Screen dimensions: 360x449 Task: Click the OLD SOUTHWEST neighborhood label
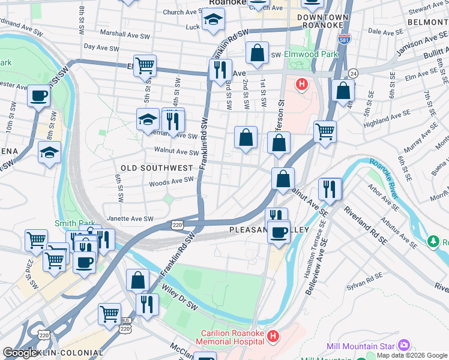point(157,168)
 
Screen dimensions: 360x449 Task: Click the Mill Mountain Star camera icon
point(403,346)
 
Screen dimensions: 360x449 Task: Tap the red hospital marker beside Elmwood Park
point(302,84)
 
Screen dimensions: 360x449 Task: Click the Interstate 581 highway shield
point(344,39)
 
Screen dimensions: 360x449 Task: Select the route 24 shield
point(354,73)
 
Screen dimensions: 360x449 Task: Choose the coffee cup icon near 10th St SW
point(38,95)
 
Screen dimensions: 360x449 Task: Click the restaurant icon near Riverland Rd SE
point(330,188)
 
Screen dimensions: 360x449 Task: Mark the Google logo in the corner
point(20,353)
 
